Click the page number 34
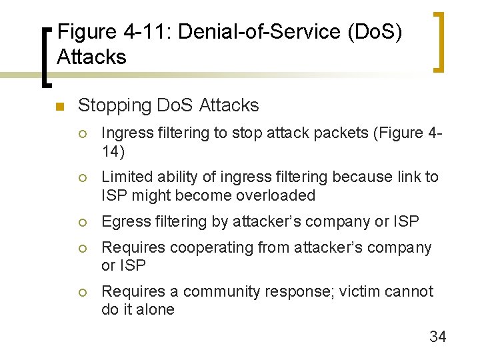pos(437,337)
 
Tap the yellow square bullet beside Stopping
pos(59,107)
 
